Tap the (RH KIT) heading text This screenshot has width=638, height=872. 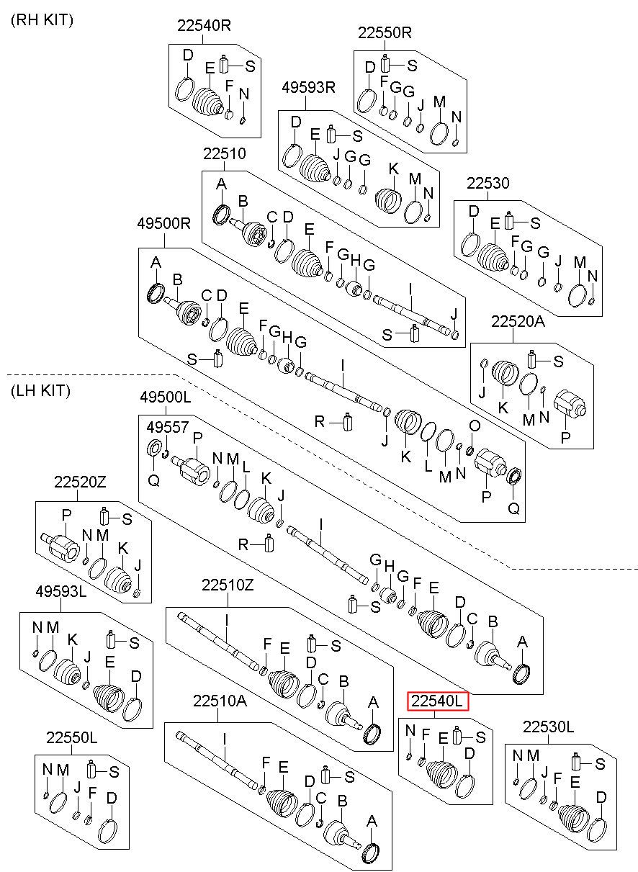pos(42,20)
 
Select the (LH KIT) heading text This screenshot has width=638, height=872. pos(41,390)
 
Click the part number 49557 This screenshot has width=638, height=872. pos(167,427)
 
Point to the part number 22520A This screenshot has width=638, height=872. pos(518,321)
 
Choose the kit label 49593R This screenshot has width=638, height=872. pos(308,87)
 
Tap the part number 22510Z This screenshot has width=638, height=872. pos(228,595)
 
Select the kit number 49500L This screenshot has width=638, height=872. pos(166,397)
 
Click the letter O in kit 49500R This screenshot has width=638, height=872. pos(475,426)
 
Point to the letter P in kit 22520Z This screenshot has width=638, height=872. pos(66,515)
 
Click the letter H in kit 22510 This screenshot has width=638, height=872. pos(356,260)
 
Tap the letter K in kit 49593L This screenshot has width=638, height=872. pos(73,639)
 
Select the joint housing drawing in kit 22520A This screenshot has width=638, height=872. pos(570,405)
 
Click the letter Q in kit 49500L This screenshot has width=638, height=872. pos(154,481)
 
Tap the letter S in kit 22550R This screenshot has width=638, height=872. pos(412,66)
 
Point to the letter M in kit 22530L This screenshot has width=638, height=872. pos(533,755)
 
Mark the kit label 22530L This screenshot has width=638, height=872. pos(548,727)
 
